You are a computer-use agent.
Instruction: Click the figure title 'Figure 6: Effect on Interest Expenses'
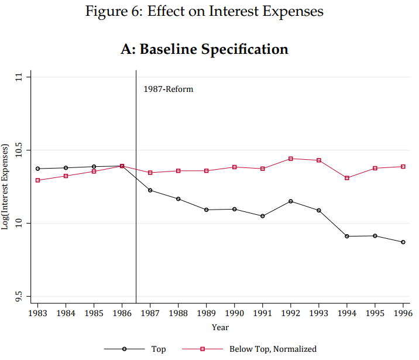(204, 11)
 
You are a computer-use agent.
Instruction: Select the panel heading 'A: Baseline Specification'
(204, 49)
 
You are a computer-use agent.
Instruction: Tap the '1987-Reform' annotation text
(168, 90)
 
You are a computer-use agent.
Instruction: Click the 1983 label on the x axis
(37, 313)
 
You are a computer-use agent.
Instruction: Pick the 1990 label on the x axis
(234, 313)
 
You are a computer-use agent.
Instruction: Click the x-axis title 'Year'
(220, 327)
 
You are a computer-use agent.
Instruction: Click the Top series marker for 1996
(403, 242)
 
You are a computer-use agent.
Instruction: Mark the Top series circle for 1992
(291, 201)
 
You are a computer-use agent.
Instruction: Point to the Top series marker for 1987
(150, 190)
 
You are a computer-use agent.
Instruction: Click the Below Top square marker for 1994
(347, 178)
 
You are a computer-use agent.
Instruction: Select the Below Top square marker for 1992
(291, 159)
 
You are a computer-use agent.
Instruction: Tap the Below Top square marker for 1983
(37, 180)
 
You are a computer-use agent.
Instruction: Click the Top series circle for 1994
(347, 236)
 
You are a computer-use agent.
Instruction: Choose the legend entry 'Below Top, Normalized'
(272, 349)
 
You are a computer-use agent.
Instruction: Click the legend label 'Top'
(158, 349)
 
